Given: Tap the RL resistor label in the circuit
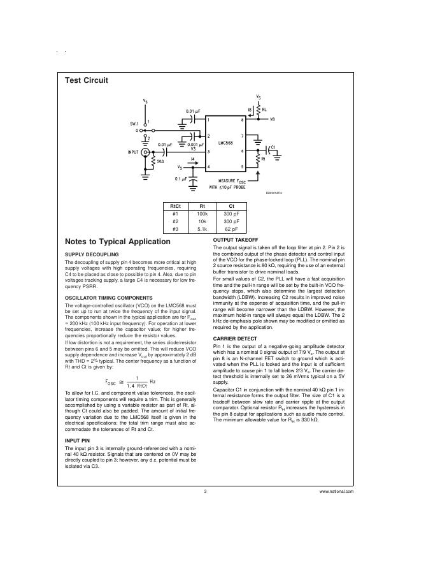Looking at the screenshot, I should pos(264,109).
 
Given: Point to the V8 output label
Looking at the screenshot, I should pos(272,119).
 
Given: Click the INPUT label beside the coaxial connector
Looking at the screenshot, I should pos(133,152).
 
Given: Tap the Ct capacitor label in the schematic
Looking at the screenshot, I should pos(273,147).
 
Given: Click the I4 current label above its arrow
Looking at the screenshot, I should pos(192,159).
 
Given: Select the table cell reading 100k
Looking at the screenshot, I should pos(202,214).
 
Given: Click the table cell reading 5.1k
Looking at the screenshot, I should pos(202,229).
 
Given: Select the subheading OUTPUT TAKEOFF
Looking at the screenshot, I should pos(235,239).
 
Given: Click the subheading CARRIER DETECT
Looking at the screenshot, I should pos(235,339).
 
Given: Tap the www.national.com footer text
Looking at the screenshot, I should pos(337,492).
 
